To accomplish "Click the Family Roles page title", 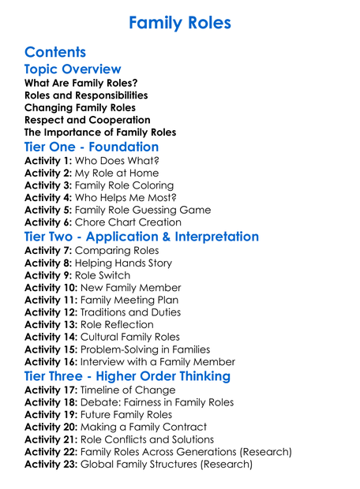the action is point(180,22).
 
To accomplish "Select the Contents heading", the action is point(55,53).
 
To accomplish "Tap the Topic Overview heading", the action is point(73,70).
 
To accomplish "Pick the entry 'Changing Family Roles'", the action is point(80,107).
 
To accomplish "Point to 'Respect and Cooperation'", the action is point(87,120).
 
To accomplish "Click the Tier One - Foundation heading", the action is point(92,147).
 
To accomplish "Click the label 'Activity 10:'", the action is point(53,288).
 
